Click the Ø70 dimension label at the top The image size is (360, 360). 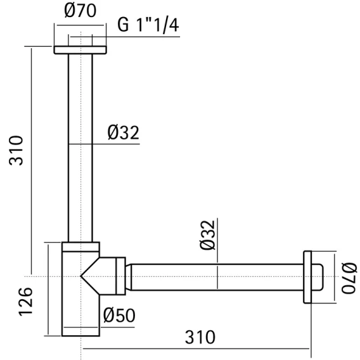pyautogui.click(x=80, y=11)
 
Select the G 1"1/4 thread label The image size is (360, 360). pyautogui.click(x=148, y=25)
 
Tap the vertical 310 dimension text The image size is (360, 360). pyautogui.click(x=16, y=151)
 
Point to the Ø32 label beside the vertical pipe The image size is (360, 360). pyautogui.click(x=124, y=132)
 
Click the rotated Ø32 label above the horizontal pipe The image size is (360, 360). pyautogui.click(x=207, y=235)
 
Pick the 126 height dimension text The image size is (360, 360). pyautogui.click(x=25, y=302)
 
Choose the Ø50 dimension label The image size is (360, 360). pyautogui.click(x=119, y=315)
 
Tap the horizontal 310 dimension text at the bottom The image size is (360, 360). pyautogui.click(x=200, y=337)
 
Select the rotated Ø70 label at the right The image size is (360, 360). pyautogui.click(x=349, y=278)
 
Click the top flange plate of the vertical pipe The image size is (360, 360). pyautogui.click(x=80, y=50)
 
